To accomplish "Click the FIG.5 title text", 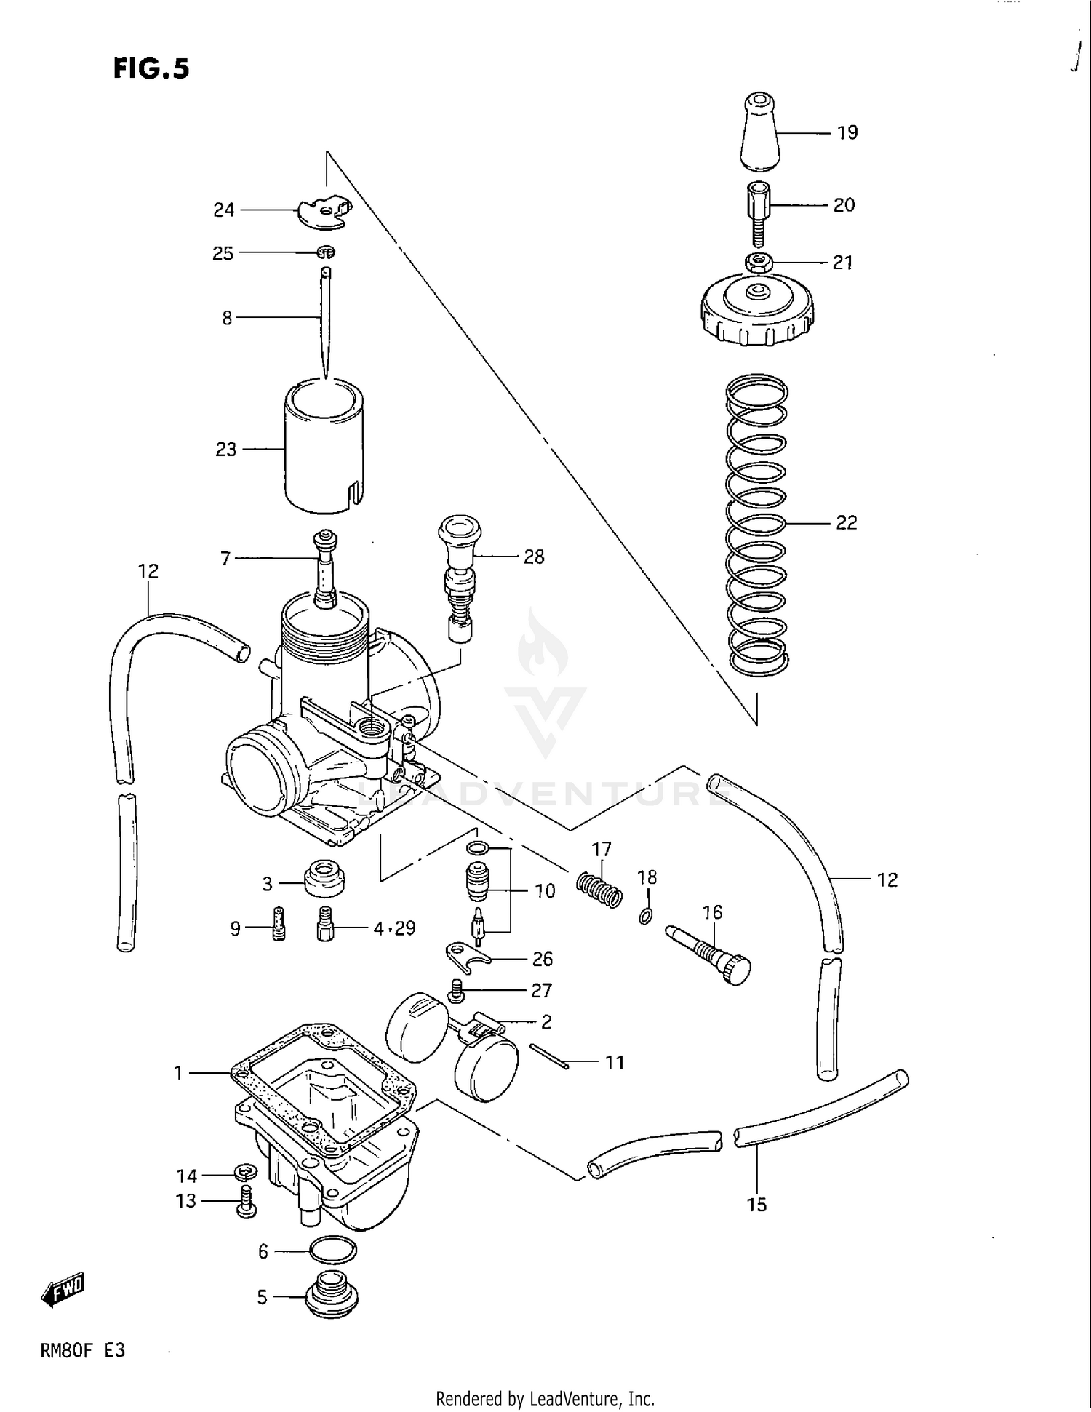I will [151, 68].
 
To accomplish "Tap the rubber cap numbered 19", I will [759, 132].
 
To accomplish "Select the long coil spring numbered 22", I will [757, 524].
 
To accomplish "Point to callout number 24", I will [223, 210].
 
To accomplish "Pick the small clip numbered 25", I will [327, 252].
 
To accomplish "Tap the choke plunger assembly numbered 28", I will [459, 575].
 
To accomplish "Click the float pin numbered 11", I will [549, 1056].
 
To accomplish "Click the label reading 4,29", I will [394, 928].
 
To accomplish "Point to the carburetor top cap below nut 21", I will [757, 313].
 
